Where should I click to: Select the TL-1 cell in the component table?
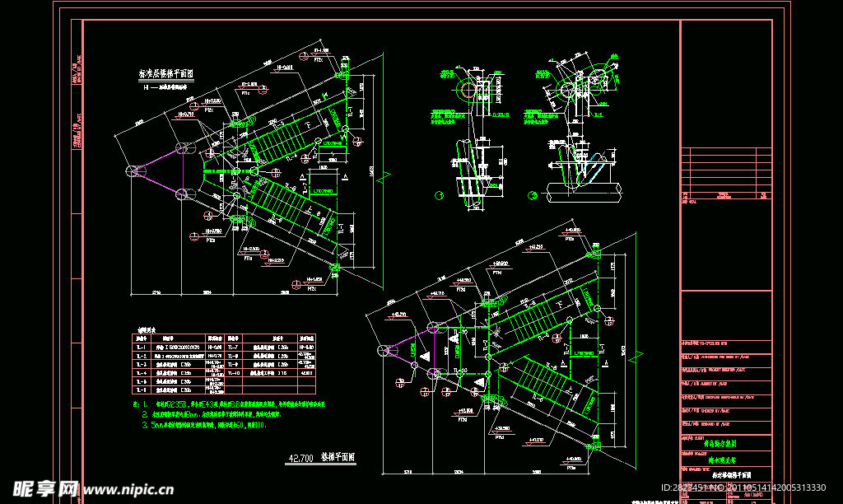point(141,348)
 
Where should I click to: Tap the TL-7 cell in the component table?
point(234,348)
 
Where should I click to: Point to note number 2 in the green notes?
point(145,415)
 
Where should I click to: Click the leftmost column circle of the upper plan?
point(133,170)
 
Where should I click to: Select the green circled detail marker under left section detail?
point(438,195)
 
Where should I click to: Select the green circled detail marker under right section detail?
point(533,195)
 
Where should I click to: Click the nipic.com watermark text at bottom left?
point(123,489)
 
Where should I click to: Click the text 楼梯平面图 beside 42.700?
point(337,456)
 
